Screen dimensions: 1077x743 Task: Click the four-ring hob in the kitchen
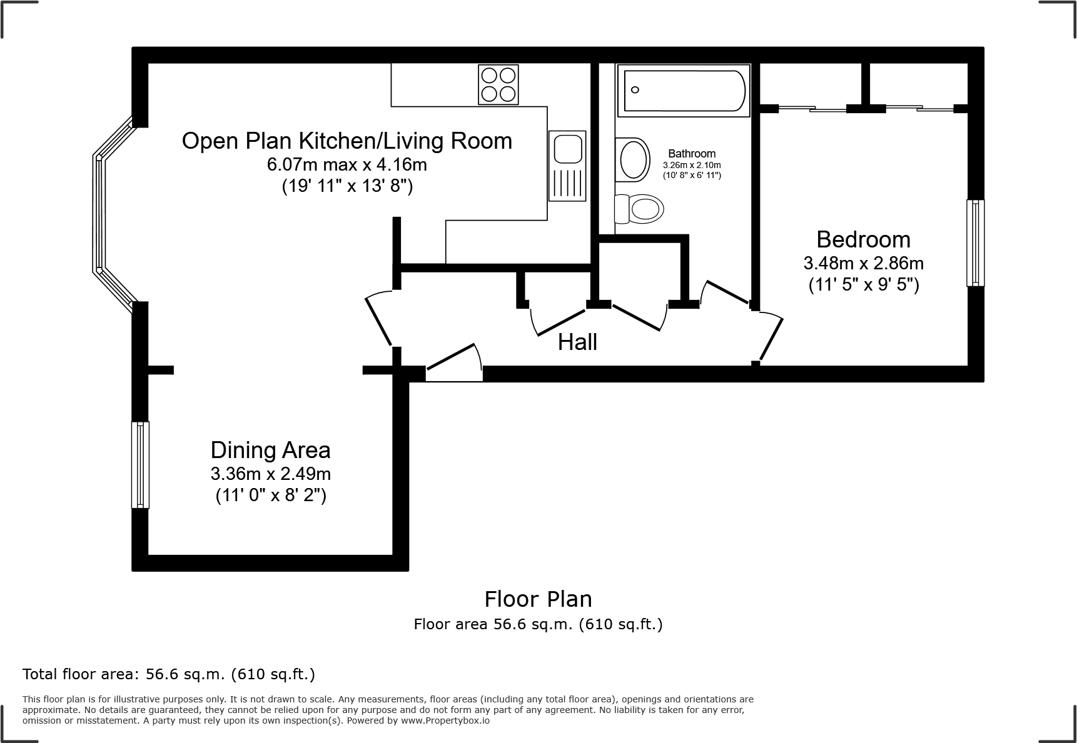pos(498,84)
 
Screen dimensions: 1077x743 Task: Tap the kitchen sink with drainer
pos(567,166)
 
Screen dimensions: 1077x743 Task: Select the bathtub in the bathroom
pos(684,90)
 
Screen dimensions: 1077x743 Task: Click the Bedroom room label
pos(863,239)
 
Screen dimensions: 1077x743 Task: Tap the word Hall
pos(577,342)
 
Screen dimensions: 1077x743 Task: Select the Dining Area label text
pos(270,450)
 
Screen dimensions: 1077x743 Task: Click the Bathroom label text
pos(692,154)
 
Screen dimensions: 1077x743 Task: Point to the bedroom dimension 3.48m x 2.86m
pos(863,263)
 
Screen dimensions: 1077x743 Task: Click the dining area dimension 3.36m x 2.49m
pos(271,473)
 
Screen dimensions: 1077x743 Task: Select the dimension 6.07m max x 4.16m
pos(347,164)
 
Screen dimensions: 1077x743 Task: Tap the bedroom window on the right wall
pos(975,243)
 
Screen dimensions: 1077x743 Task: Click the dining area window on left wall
pos(140,465)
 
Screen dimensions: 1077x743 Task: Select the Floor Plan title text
pos(538,599)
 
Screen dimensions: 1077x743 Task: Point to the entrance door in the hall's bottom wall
pos(454,362)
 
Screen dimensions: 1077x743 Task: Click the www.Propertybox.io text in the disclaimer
pos(445,721)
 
